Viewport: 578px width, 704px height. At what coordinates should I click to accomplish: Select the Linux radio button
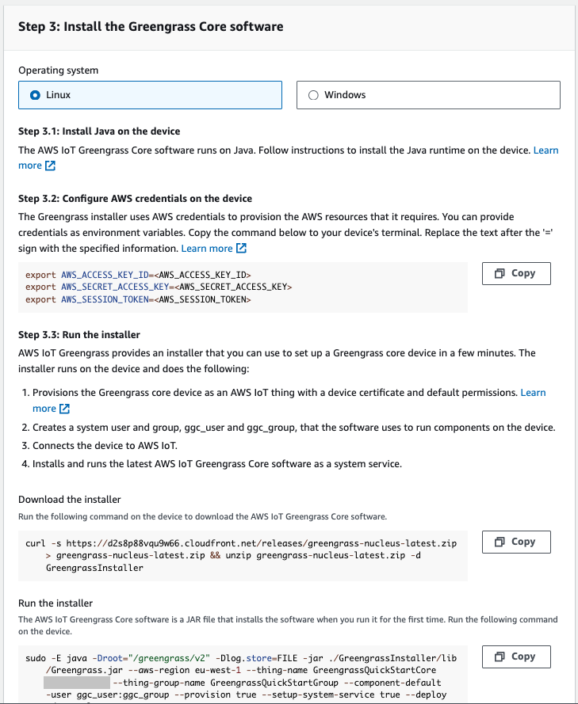pos(35,95)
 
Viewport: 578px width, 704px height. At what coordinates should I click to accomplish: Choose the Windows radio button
pos(312,95)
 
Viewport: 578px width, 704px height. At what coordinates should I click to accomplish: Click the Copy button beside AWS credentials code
pos(515,273)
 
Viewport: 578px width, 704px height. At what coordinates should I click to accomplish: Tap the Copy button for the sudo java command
pos(515,656)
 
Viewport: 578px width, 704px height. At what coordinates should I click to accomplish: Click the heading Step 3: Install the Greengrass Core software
pos(151,26)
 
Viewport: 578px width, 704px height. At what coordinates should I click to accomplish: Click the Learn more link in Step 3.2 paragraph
pos(207,248)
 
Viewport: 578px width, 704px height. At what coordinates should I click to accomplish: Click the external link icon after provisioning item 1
pos(65,409)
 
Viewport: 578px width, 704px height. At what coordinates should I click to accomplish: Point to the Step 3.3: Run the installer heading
pos(79,335)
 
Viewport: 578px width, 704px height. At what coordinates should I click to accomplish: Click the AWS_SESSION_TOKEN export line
pos(138,300)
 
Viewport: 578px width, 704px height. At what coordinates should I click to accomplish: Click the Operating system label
pos(59,70)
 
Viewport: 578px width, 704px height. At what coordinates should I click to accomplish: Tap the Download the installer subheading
pos(70,500)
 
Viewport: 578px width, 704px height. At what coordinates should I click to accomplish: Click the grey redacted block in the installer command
pos(77,683)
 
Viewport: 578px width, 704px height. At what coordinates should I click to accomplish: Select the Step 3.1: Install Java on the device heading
pos(99,131)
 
